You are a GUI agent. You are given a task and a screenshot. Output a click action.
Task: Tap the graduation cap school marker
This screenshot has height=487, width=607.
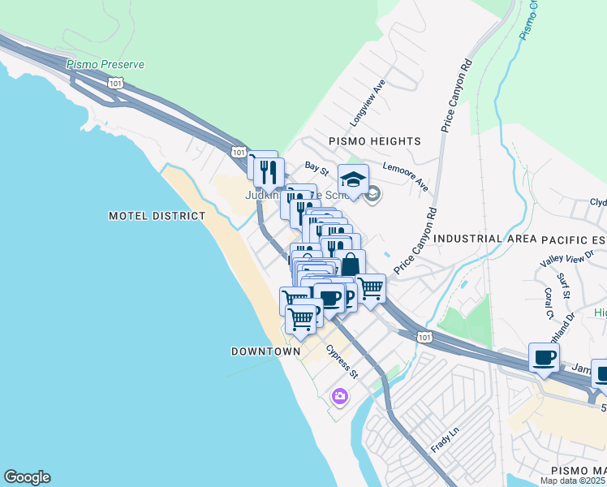[353, 179]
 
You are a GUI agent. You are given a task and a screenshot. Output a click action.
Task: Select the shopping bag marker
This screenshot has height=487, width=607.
[350, 265]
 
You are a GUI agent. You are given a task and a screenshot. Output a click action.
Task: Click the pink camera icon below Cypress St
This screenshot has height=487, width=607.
[339, 396]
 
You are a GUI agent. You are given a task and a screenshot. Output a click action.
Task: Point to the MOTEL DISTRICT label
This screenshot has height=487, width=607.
[157, 216]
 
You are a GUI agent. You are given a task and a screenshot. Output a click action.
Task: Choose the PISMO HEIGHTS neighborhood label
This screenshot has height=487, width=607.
[374, 141]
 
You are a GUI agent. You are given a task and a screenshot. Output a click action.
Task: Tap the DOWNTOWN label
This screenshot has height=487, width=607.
[265, 351]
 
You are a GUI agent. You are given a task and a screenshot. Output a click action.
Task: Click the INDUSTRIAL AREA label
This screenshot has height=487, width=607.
[485, 239]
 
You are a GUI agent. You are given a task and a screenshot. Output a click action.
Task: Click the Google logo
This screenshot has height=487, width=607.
[27, 477]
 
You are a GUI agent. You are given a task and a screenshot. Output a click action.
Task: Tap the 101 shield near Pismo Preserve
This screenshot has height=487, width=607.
[116, 82]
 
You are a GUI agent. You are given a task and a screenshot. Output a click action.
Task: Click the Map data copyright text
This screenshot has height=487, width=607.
[573, 481]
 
